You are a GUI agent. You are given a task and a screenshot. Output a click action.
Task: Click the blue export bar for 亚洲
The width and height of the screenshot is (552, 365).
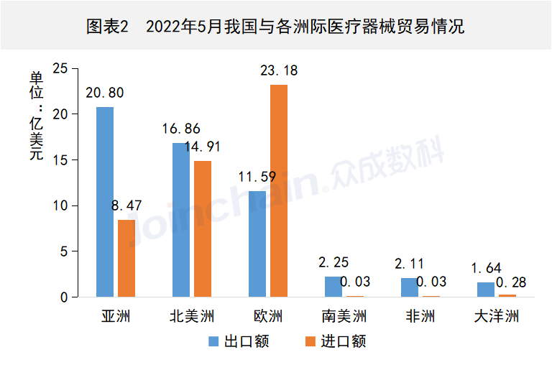105,202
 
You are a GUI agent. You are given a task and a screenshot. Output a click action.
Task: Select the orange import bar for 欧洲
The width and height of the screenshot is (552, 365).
279,190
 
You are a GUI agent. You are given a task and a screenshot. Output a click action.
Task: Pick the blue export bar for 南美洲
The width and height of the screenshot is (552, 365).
333,287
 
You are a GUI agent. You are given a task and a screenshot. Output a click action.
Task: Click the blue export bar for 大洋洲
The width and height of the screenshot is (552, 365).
486,290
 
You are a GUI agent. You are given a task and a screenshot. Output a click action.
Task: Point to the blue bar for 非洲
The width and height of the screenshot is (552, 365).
409,287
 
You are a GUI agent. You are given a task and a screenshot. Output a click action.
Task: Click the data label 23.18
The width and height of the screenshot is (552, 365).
278,71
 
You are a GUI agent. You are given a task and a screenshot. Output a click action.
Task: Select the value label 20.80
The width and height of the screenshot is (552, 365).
104,93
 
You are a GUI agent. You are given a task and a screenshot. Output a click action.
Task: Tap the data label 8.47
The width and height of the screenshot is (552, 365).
126,206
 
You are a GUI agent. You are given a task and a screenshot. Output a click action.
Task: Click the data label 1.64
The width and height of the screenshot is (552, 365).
485,268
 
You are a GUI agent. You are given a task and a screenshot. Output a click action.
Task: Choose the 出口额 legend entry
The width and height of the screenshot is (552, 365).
239,341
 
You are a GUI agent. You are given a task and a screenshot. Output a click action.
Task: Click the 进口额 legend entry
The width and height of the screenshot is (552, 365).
336,341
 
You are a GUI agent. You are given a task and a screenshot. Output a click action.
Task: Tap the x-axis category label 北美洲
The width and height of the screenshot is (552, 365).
192,316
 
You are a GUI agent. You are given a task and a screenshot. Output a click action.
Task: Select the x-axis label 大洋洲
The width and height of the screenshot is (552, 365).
496,316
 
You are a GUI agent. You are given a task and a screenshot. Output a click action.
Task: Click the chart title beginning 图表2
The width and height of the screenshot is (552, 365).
275,27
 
